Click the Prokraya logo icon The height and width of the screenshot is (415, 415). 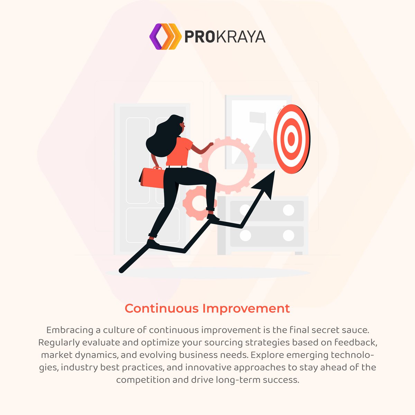[x=165, y=37]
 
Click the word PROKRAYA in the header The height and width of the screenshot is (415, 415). [x=225, y=37]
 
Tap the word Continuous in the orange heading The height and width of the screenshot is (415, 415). [x=162, y=308]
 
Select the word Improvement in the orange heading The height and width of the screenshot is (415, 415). [x=246, y=308]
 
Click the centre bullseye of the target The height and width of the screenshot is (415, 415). [x=291, y=139]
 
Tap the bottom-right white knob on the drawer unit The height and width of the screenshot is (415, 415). [x=288, y=235]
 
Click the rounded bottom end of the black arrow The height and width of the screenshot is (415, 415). [x=121, y=270]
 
